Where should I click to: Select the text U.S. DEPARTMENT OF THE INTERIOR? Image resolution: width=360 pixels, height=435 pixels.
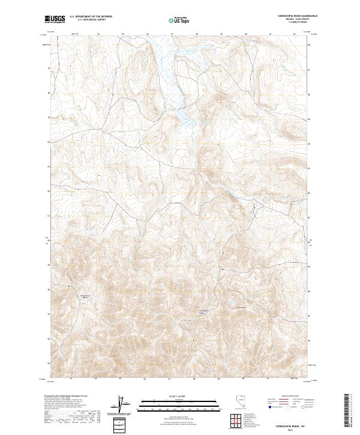(91, 17)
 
